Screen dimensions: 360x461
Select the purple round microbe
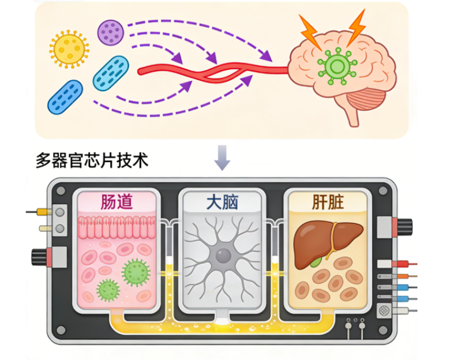coord(110,32)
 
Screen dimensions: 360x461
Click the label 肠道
coord(117,202)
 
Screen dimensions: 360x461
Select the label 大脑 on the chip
coord(223,202)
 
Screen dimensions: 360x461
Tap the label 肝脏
coord(327,202)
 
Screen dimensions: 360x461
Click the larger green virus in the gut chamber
coord(136,271)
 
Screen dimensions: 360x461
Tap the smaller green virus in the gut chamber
coord(107,290)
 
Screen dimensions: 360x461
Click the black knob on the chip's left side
coord(42,254)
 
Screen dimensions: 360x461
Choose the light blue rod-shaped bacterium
coord(111,73)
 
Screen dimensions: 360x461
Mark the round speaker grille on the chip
coord(384,310)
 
